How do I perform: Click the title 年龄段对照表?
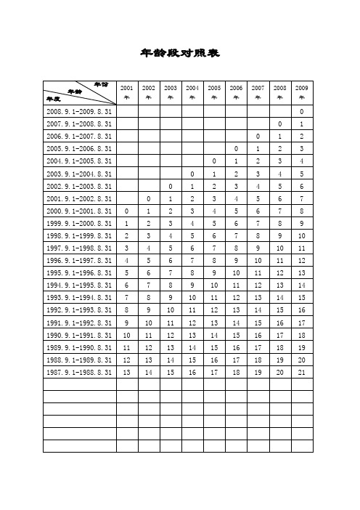[x=179, y=53]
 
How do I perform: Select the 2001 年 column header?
[x=127, y=92]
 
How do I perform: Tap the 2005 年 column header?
[x=214, y=92]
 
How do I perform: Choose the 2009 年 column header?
[x=302, y=92]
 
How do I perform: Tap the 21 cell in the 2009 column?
[x=302, y=371]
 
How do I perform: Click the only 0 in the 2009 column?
[x=302, y=111]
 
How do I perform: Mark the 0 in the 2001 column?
[x=127, y=211]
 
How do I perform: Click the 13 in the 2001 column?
[x=127, y=371]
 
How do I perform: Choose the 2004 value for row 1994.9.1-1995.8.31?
[x=192, y=285]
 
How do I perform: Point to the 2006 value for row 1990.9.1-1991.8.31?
[x=236, y=334]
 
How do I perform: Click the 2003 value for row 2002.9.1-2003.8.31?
[x=171, y=186]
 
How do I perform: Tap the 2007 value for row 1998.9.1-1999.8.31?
[x=258, y=235]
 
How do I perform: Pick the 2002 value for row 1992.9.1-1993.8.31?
[x=149, y=309]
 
